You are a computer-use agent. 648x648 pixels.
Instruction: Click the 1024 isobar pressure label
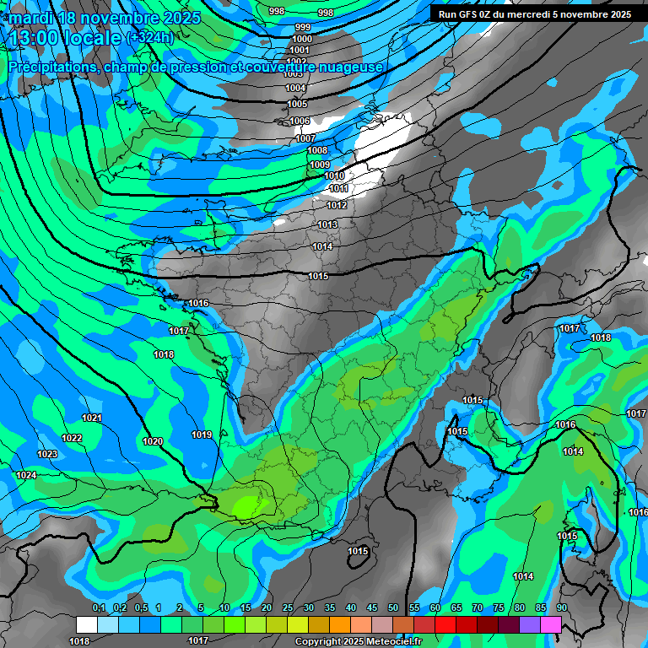[x=26, y=475]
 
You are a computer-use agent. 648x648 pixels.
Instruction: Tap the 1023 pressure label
[x=47, y=455]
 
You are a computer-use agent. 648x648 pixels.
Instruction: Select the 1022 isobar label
[x=72, y=438]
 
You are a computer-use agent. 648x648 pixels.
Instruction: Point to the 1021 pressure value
[x=92, y=418]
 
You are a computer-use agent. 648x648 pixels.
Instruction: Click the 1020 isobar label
[x=153, y=441]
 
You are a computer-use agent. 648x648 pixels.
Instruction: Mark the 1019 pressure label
[x=202, y=435]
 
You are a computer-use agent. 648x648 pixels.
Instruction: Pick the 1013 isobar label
[x=327, y=224]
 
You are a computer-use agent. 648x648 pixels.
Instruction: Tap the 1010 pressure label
[x=334, y=175]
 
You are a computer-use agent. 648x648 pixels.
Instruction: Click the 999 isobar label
[x=303, y=28]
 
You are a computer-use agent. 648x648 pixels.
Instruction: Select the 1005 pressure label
[x=297, y=105]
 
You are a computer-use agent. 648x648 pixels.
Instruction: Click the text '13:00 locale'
[x=64, y=37]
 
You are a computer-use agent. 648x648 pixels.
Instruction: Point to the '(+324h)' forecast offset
[x=150, y=37]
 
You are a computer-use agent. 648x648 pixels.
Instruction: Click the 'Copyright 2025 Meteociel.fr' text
[x=359, y=642]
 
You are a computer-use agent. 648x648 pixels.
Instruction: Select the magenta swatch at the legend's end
[x=551, y=624]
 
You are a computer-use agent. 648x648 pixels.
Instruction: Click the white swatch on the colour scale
[x=87, y=624]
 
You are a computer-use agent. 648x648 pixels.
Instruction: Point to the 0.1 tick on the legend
[x=99, y=608]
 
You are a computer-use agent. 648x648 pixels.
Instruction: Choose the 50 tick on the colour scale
[x=393, y=608]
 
